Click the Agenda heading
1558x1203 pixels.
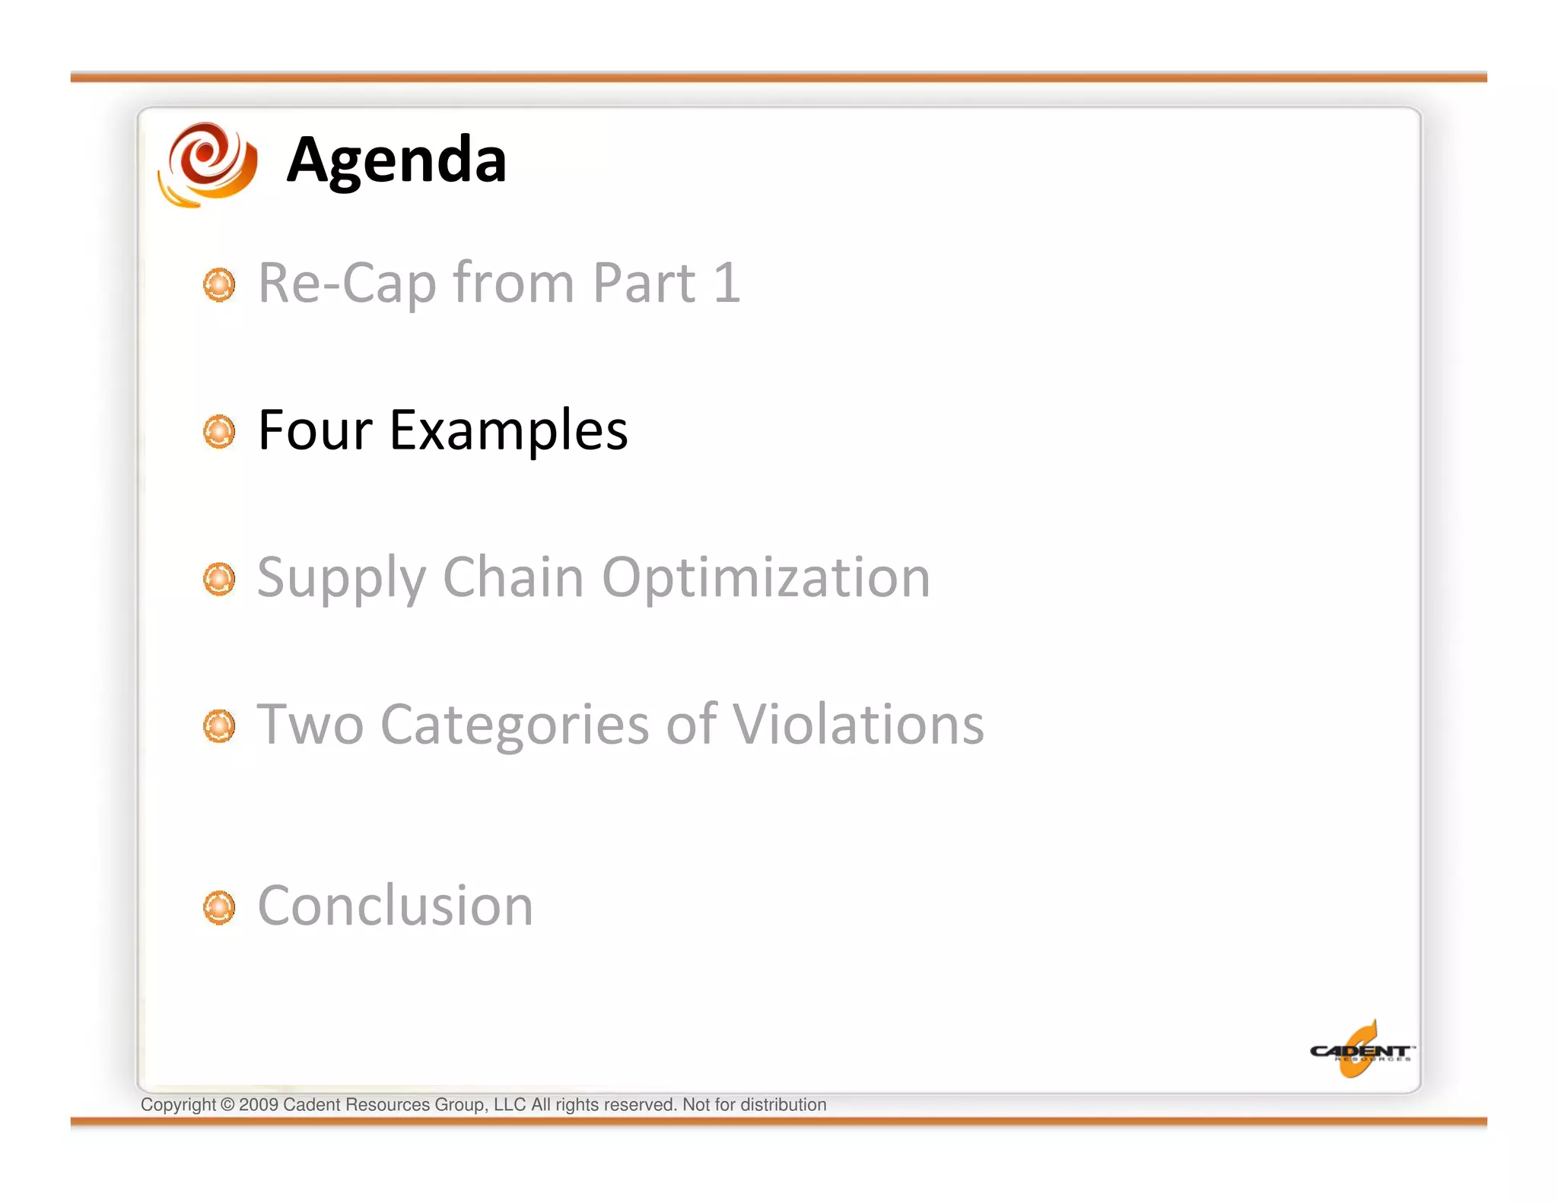[x=396, y=161]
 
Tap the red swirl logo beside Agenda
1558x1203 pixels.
[x=208, y=163]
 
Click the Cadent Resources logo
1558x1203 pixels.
[x=1360, y=1051]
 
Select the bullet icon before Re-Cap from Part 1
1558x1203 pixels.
[x=219, y=284]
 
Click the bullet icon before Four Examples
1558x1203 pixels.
[x=219, y=432]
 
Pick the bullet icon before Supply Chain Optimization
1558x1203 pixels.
[x=219, y=579]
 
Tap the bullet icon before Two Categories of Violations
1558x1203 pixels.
[x=219, y=726]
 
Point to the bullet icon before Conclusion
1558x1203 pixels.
[x=219, y=907]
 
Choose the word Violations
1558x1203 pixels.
[x=858, y=724]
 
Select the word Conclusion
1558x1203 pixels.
[x=396, y=906]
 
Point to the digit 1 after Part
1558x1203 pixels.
[x=727, y=283]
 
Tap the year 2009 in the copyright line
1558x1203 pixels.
[x=259, y=1105]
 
